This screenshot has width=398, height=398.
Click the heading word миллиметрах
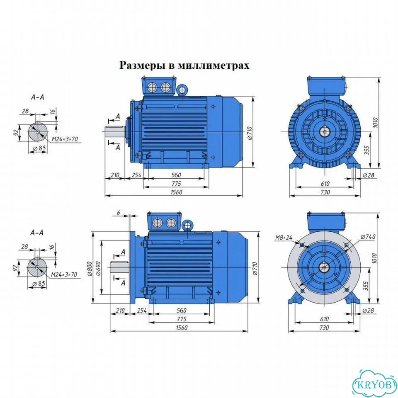[x=214, y=65]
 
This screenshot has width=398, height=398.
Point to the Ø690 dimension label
[x=99, y=268]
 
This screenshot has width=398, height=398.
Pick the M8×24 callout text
[x=284, y=238]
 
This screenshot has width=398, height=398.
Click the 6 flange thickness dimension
[x=119, y=213]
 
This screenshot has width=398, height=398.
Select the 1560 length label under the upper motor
[x=176, y=192]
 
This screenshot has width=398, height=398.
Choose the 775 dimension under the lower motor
[x=182, y=319]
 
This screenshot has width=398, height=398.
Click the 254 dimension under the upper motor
[x=136, y=175]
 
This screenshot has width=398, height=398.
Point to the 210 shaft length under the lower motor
[x=120, y=310]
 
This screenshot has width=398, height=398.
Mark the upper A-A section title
[x=38, y=97]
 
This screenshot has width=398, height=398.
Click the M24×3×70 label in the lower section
[x=64, y=274]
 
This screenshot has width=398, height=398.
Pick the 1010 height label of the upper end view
[x=376, y=123]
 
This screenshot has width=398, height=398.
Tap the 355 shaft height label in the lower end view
[x=366, y=286]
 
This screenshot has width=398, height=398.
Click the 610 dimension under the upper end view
[x=325, y=183]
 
